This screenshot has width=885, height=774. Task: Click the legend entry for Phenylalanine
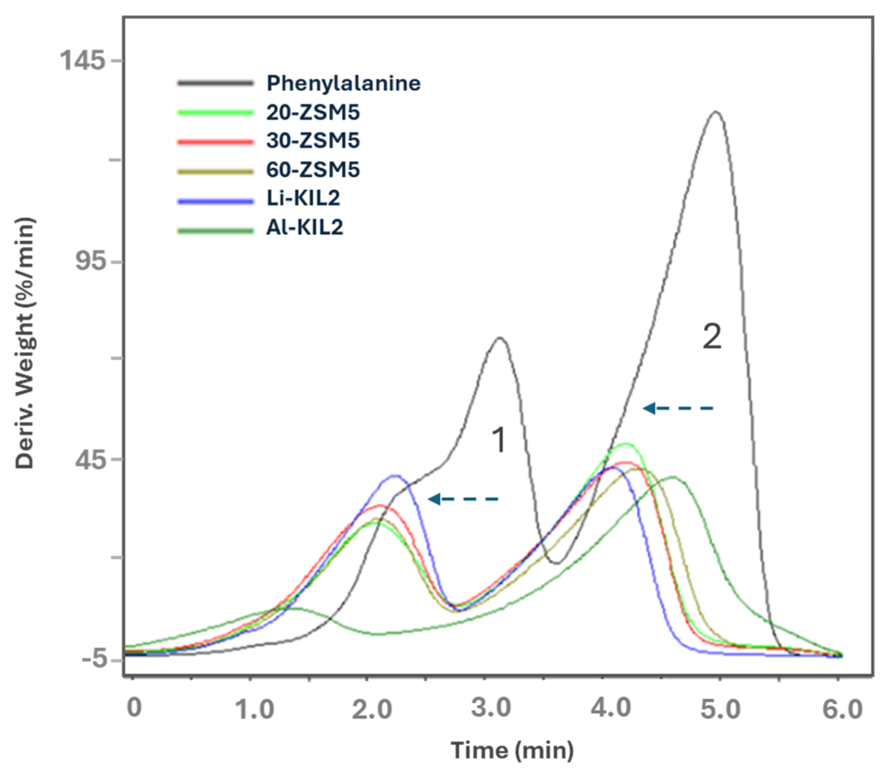click(343, 83)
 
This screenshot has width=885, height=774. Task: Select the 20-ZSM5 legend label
click(313, 112)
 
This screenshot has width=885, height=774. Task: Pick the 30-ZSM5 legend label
click(313, 141)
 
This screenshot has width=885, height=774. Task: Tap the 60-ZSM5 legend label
click(313, 169)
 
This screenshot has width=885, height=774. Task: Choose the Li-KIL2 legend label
click(303, 198)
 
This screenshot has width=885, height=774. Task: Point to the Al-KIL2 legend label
click(304, 227)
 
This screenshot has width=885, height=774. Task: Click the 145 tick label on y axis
click(82, 60)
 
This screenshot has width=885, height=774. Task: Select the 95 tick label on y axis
click(90, 261)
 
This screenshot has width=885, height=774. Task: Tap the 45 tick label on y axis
click(90, 460)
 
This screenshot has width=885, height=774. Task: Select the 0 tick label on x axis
click(134, 708)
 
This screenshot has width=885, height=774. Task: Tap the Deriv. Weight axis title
click(25, 343)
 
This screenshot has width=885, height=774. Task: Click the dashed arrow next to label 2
click(678, 408)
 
